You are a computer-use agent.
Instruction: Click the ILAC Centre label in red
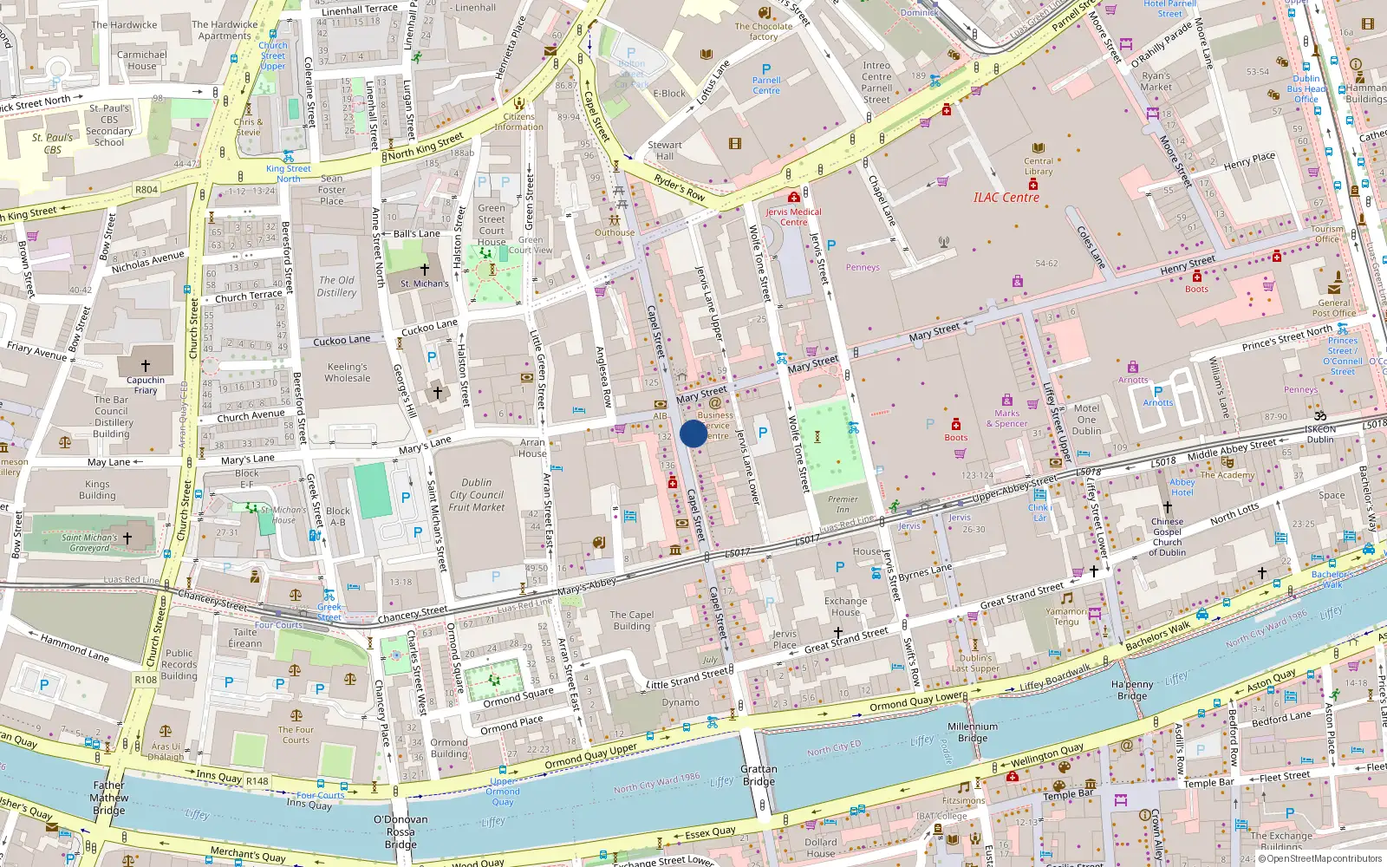[1006, 198]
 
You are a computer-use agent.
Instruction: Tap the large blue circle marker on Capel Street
[693, 433]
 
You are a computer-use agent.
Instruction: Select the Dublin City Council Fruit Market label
[477, 495]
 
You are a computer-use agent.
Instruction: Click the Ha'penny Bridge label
[1132, 690]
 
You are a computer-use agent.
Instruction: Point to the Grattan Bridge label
[759, 775]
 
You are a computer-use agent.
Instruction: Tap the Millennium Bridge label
[973, 733]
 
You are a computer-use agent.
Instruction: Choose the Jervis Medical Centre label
[793, 217]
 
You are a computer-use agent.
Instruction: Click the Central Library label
[1039, 166]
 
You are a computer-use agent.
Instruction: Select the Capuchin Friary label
[146, 385]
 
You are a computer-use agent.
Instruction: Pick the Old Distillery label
[336, 286]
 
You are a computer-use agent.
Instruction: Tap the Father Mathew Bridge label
[109, 798]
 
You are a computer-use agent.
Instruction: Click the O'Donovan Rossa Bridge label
[400, 831]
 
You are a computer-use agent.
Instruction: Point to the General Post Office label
[1333, 308]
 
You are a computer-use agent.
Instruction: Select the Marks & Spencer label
[1006, 419]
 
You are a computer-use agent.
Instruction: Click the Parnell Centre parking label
[766, 85]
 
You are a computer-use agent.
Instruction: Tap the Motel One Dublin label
[1086, 420]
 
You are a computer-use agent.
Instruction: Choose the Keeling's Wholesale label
[348, 373]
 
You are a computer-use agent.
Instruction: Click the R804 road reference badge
[147, 190]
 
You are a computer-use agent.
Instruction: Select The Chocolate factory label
[763, 31]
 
